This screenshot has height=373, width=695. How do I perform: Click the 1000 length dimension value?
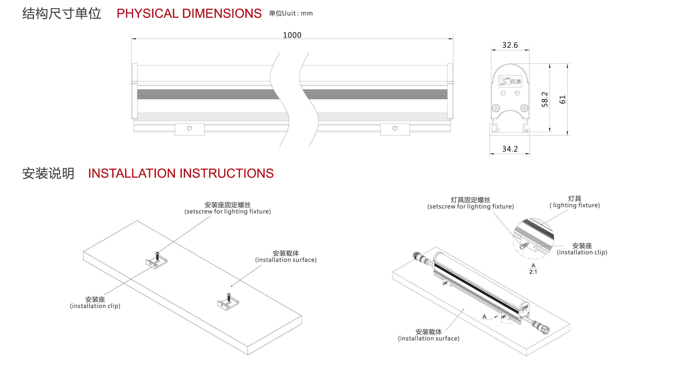(x=292, y=35)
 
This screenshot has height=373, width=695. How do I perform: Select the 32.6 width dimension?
(x=510, y=45)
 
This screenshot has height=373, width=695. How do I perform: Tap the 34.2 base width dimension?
(x=510, y=149)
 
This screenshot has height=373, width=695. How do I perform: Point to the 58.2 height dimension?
(x=545, y=99)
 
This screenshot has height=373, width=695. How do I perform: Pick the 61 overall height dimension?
(x=563, y=99)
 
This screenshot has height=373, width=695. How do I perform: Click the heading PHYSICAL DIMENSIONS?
(x=189, y=13)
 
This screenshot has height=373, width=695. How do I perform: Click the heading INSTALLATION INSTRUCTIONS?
(x=181, y=173)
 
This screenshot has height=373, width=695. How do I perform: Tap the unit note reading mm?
(x=306, y=13)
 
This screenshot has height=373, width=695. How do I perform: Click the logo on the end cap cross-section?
(x=510, y=81)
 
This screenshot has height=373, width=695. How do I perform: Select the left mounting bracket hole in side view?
(x=190, y=128)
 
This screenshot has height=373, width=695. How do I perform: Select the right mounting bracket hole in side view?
(x=395, y=128)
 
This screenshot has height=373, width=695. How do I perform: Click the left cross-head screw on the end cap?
(x=496, y=109)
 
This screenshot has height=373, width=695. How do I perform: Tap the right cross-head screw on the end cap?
(x=524, y=109)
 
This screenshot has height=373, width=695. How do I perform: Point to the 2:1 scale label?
(x=533, y=272)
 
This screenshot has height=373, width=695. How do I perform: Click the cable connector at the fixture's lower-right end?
(x=541, y=327)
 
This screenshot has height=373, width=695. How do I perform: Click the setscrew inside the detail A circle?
(x=524, y=246)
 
